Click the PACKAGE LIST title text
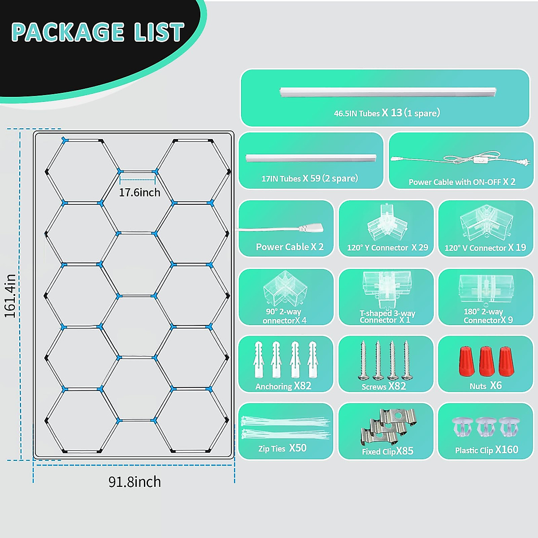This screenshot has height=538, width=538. (x=98, y=32)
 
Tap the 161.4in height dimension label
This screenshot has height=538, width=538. (x=10, y=295)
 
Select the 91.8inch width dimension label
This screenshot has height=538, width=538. (x=134, y=482)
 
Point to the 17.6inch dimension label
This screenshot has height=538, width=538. (x=139, y=192)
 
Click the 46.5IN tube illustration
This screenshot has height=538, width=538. (x=388, y=92)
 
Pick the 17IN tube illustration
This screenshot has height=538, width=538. (x=311, y=158)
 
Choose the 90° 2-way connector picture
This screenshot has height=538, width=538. (x=285, y=289)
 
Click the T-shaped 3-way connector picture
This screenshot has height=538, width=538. (x=386, y=290)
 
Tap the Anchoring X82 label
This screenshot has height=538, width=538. (x=283, y=386)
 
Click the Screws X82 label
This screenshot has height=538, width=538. (x=384, y=386)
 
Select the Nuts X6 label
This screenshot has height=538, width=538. (x=486, y=386)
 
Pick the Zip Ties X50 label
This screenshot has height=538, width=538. (x=282, y=448)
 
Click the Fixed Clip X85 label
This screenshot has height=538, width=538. (x=388, y=451)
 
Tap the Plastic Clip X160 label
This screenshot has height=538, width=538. (x=486, y=450)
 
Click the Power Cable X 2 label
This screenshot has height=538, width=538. (x=290, y=247)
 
